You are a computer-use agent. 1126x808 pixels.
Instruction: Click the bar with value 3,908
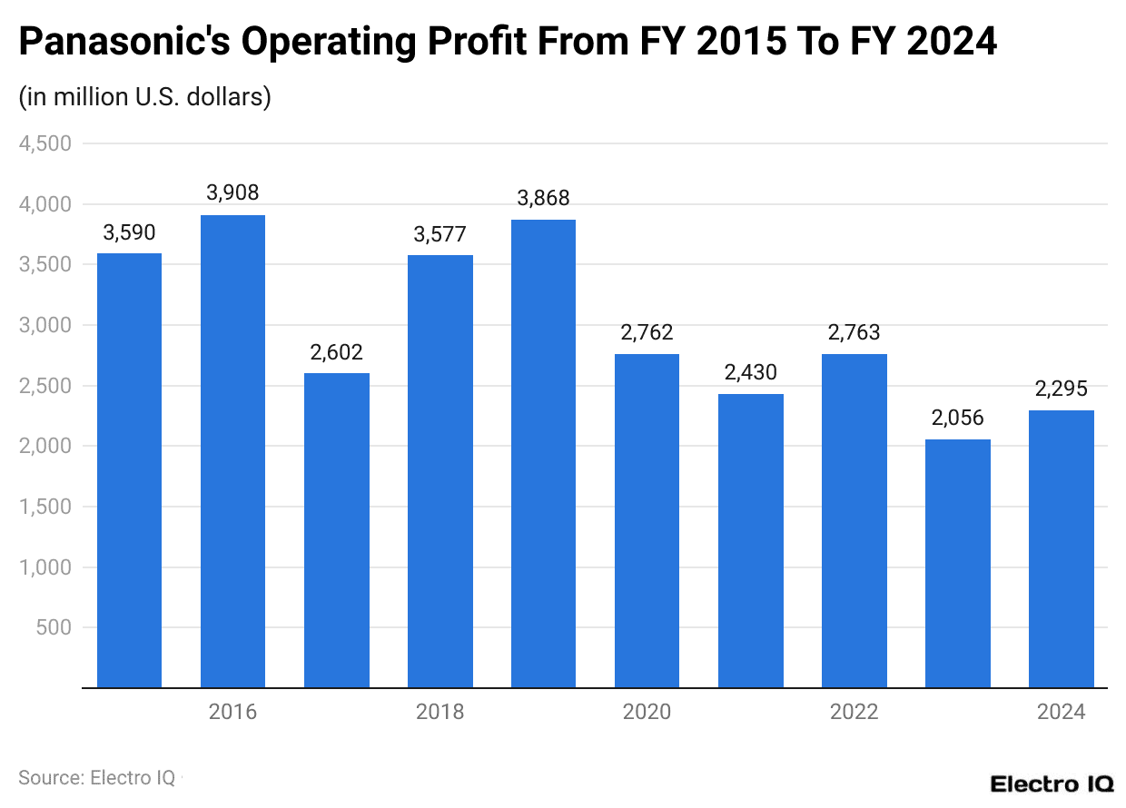click(232, 451)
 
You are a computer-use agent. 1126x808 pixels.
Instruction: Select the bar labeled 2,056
click(957, 563)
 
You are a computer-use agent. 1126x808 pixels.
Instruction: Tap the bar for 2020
click(647, 520)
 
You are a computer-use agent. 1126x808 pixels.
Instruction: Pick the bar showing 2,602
click(336, 530)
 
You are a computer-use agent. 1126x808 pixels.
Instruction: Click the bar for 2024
click(1061, 548)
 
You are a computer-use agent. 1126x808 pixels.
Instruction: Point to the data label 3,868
click(543, 198)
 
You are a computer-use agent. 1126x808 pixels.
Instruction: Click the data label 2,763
click(854, 332)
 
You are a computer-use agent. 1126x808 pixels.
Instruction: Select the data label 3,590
click(129, 232)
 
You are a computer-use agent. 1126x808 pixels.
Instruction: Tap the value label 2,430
click(750, 372)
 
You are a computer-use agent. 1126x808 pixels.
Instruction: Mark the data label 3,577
click(440, 234)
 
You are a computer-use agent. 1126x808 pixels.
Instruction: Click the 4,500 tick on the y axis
click(44, 143)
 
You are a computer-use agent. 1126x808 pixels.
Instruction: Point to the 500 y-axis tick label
click(55, 627)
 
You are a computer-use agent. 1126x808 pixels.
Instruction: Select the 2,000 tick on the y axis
click(44, 446)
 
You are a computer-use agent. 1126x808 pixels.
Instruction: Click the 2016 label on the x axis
click(232, 712)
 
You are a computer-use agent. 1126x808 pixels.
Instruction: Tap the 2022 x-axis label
click(854, 712)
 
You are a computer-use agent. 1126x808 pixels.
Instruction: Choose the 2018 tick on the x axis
click(440, 712)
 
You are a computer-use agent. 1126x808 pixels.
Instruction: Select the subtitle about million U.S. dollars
click(145, 97)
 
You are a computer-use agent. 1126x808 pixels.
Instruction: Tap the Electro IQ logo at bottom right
click(1052, 783)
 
